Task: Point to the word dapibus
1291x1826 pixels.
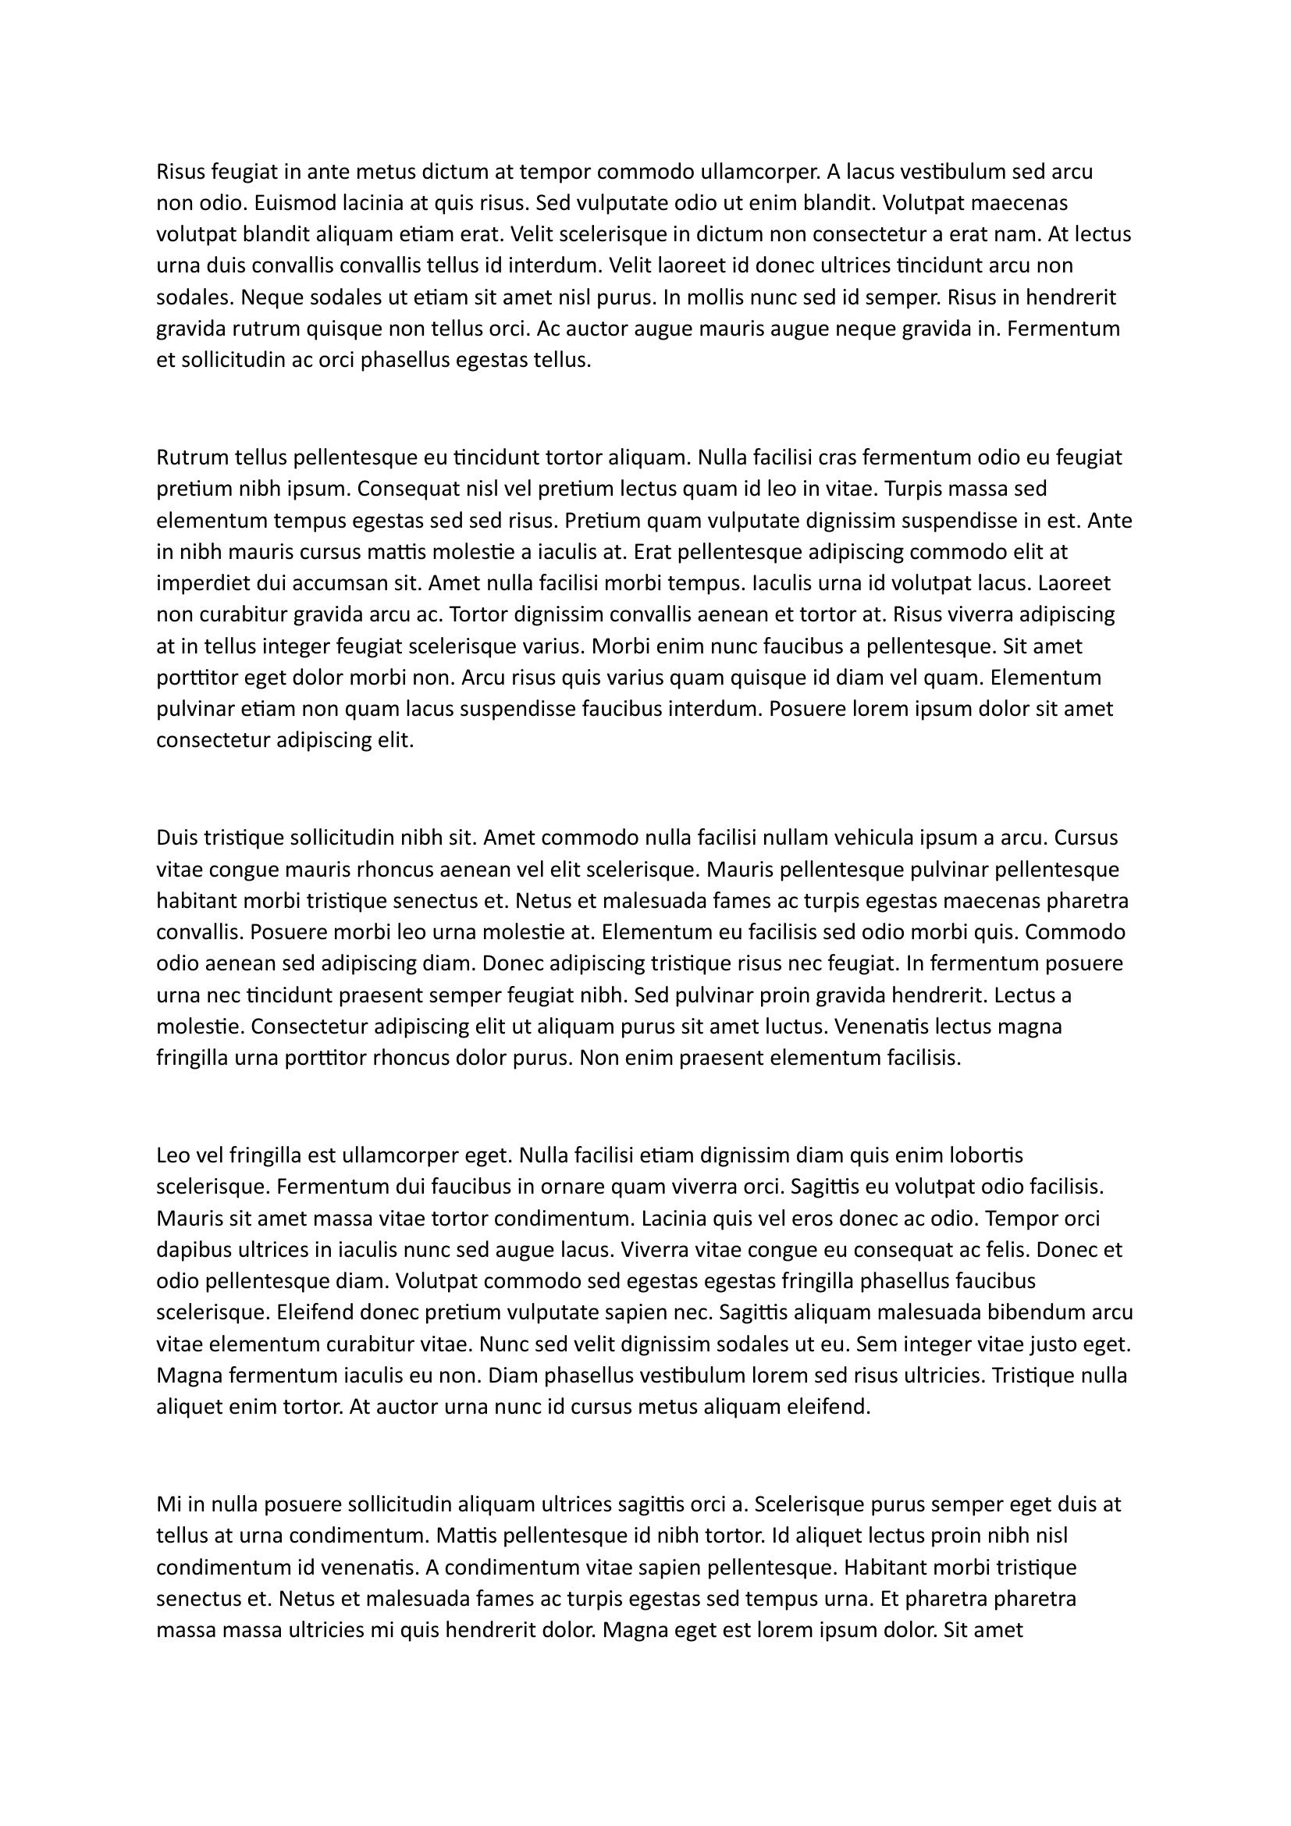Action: [190, 1249]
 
